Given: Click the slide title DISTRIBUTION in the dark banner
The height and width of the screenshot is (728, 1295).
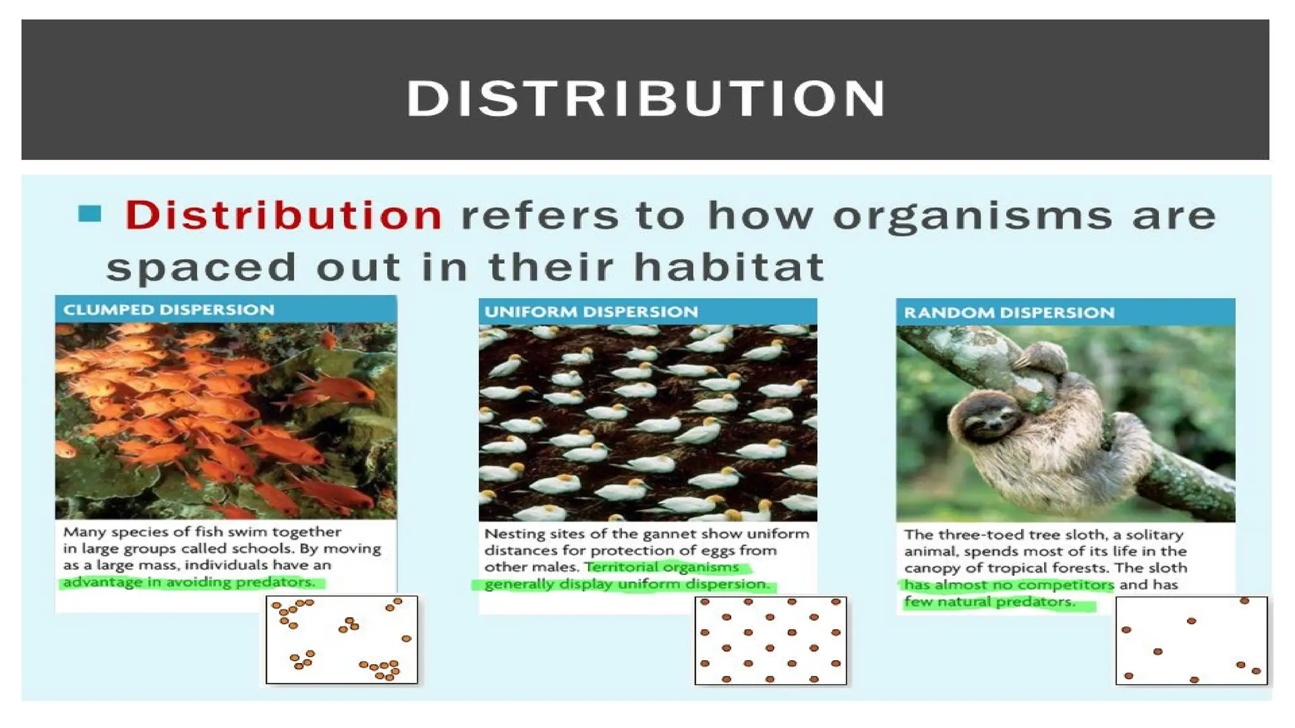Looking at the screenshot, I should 646,99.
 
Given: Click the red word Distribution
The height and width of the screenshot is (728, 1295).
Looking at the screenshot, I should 283,215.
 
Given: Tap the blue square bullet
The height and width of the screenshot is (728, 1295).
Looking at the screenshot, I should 90,214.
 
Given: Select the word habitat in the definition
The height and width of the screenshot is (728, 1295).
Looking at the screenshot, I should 729,266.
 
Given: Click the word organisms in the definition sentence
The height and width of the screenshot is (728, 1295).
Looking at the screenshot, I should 972,215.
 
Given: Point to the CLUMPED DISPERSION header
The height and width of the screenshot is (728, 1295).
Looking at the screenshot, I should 169,310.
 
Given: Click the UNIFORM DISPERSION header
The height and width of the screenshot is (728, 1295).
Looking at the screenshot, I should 591,312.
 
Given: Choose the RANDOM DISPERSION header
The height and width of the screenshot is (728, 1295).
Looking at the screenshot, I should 1009,312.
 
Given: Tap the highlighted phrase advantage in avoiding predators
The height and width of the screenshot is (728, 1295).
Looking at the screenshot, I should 188,582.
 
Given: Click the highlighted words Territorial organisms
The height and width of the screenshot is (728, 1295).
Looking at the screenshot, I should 662,567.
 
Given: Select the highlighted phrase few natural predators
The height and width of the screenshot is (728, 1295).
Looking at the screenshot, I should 990,602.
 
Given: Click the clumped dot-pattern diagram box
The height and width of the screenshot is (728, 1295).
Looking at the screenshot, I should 342,640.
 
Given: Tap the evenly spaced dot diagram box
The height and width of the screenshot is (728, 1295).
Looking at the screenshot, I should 770,640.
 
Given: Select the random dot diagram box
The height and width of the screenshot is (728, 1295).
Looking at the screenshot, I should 1191,640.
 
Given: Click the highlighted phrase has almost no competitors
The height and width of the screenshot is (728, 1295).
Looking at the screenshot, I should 1009,585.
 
